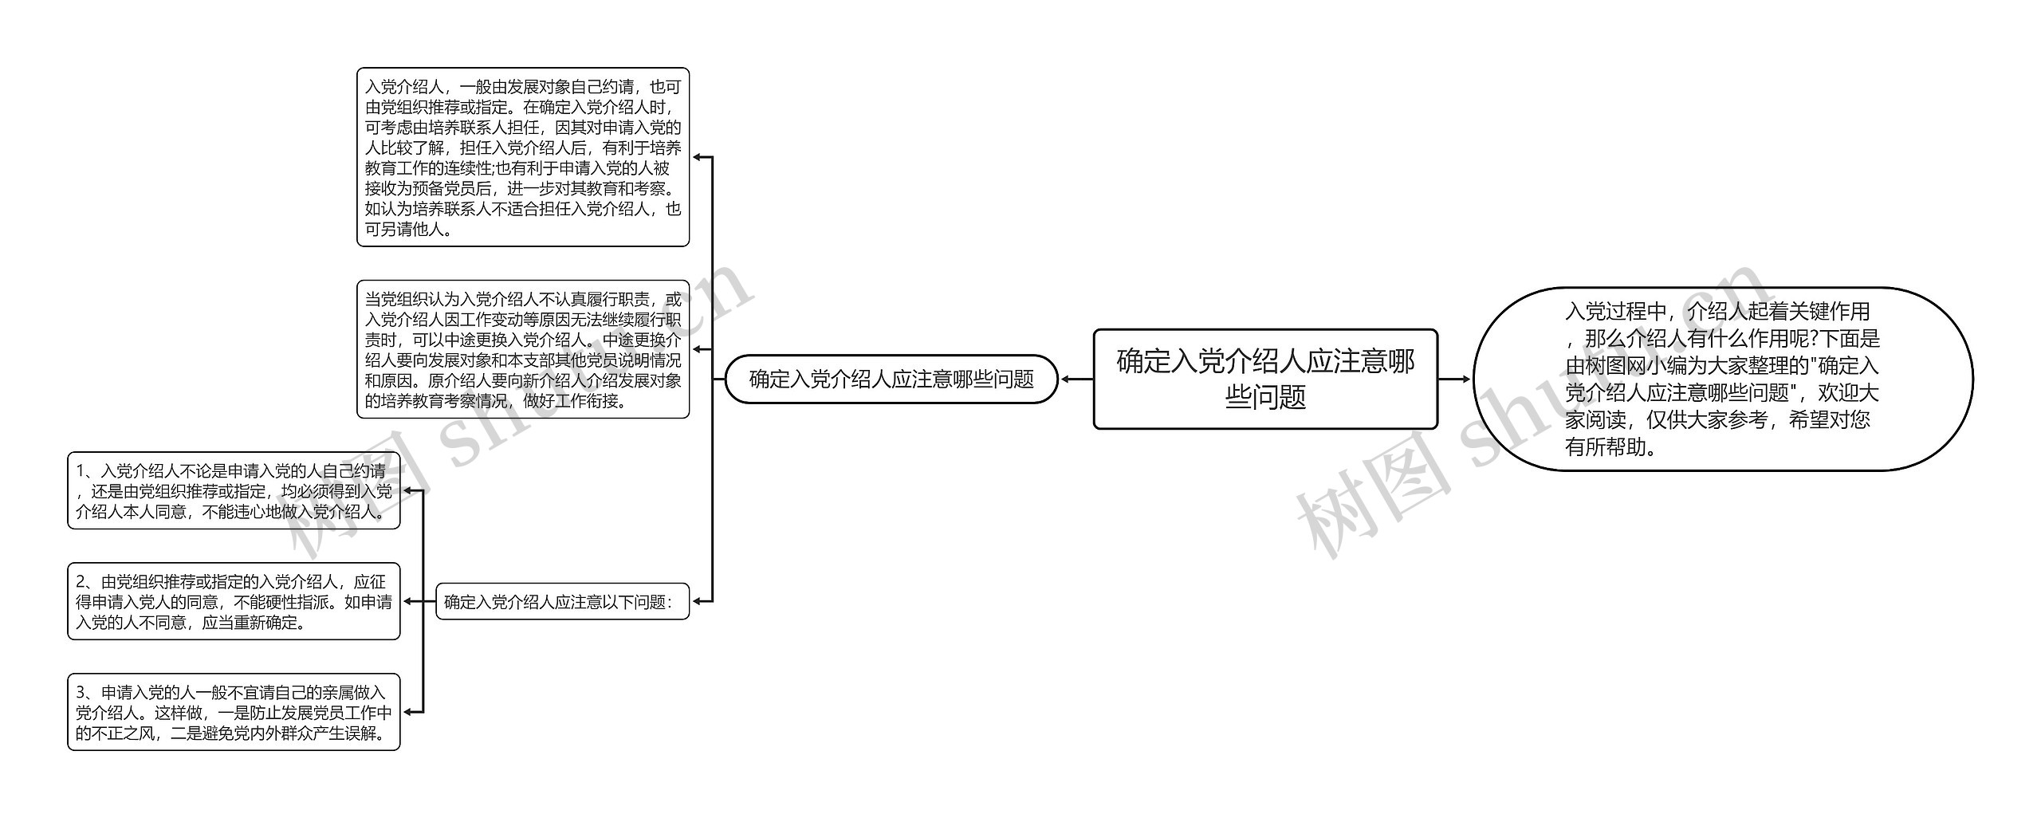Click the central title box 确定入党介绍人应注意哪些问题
coord(1264,379)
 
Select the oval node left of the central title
coord(891,379)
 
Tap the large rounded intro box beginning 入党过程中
coord(1722,379)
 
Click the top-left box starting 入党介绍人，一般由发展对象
coord(522,157)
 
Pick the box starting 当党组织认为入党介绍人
coord(522,349)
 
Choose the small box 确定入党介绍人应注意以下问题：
coord(562,601)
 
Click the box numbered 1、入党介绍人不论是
coord(234,490)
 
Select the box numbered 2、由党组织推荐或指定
coord(234,601)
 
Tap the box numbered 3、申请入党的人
coord(234,712)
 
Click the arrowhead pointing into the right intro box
coord(1465,380)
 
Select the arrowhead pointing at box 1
coord(407,490)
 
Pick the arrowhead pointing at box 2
coord(407,601)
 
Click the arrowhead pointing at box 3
coord(407,712)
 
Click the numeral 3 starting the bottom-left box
coord(81,692)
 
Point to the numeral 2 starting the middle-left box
coord(81,581)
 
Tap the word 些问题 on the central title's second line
coord(1264,396)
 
